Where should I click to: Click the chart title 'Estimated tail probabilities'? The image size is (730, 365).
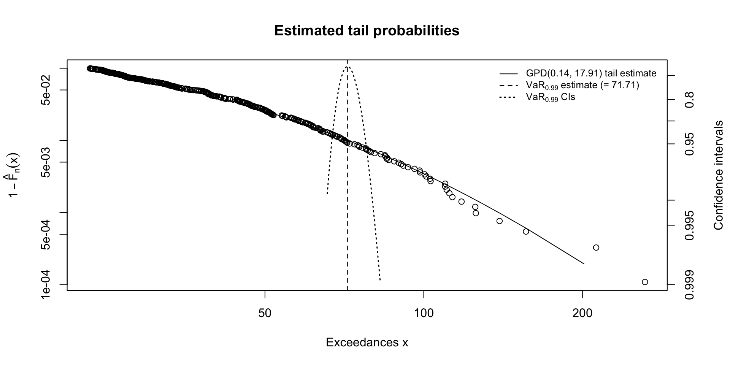click(x=367, y=30)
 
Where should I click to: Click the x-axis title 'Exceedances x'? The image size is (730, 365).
click(x=367, y=343)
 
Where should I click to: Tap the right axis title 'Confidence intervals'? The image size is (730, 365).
click(x=718, y=175)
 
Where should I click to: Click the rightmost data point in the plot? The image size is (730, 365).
click(x=645, y=282)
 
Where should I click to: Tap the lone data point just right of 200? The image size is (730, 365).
click(x=596, y=248)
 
